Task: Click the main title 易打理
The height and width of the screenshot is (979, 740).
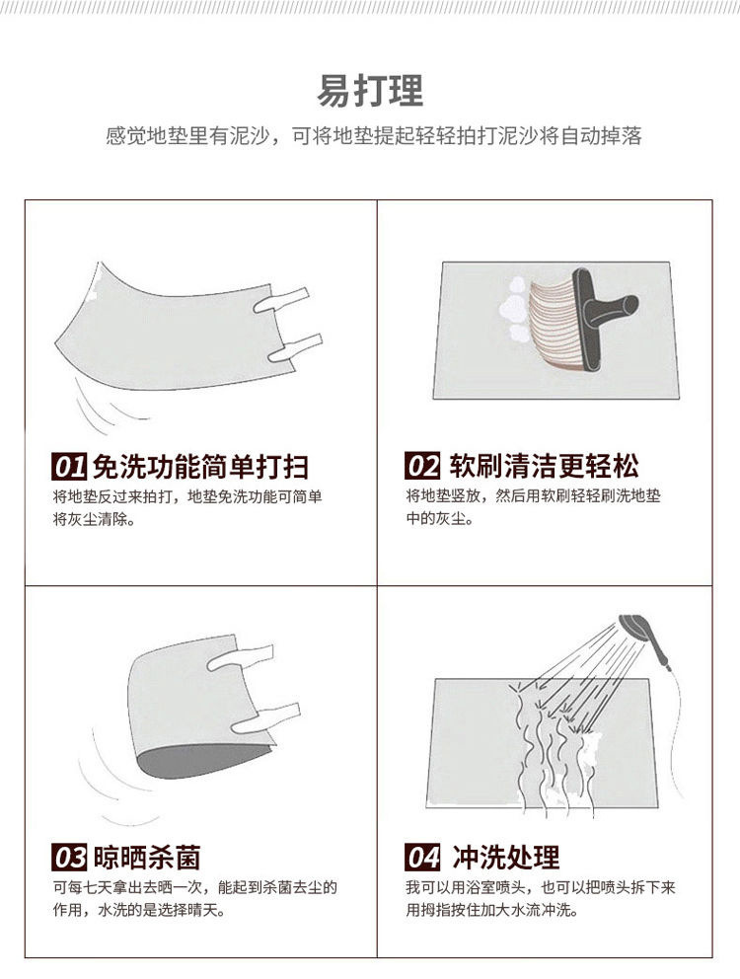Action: [370, 90]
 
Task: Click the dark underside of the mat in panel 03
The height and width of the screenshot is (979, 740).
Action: [187, 765]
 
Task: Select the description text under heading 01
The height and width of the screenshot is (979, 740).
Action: [187, 507]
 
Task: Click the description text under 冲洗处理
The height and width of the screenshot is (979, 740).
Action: [540, 898]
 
